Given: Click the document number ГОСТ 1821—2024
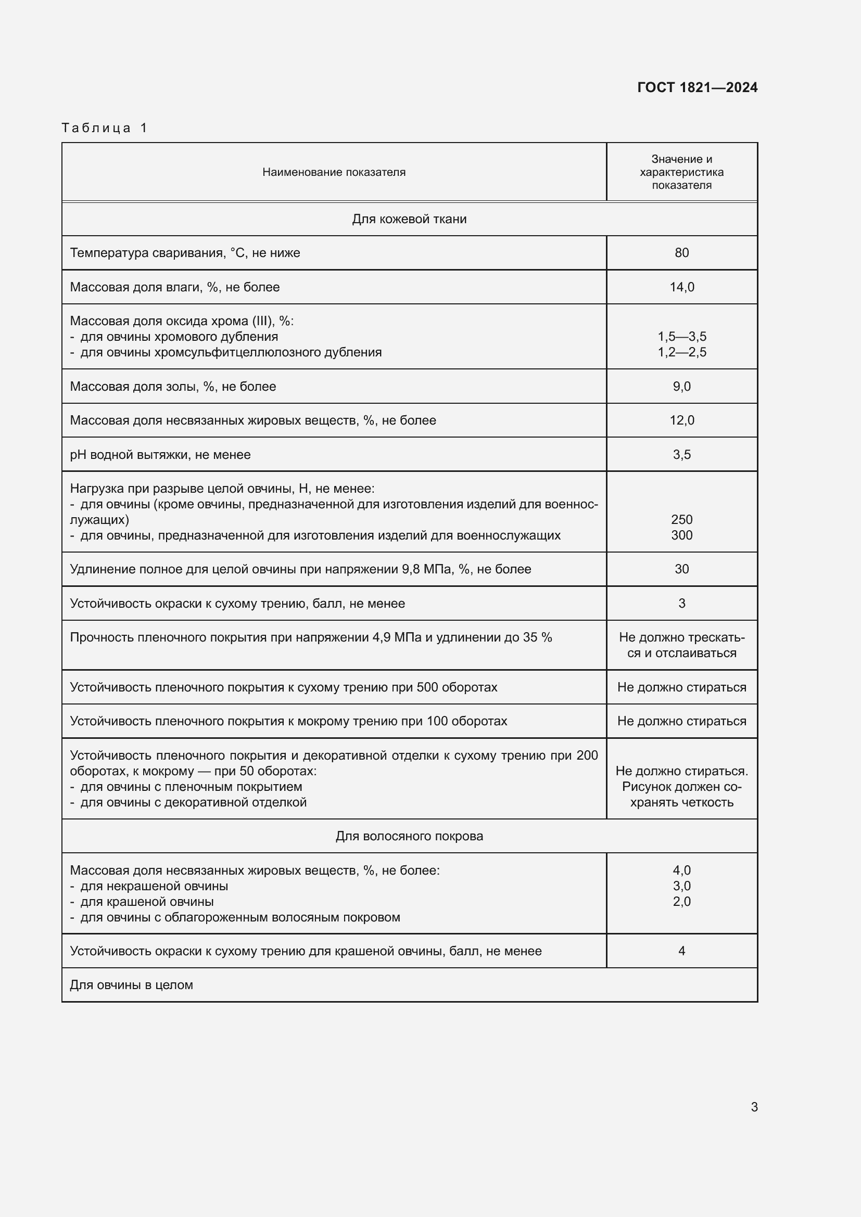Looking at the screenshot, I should click(697, 87).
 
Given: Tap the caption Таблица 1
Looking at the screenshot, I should click(105, 128).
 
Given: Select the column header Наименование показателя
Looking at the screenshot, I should click(334, 172).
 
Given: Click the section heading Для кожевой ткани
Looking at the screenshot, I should click(409, 219).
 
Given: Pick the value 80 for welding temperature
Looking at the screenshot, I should click(681, 253).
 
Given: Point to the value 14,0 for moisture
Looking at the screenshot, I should click(681, 287).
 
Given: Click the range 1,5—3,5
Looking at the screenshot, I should click(681, 337).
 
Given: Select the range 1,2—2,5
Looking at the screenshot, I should click(681, 352).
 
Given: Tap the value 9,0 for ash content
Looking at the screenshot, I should click(681, 387).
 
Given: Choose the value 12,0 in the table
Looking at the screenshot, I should click(681, 420).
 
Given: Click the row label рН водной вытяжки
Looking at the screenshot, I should click(160, 455).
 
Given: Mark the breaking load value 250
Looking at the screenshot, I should click(681, 519).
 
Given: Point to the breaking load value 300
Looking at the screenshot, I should click(681, 535).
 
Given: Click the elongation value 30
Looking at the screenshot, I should click(681, 569).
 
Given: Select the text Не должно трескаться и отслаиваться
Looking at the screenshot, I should click(681, 645).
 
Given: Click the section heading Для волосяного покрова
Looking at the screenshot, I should click(409, 836).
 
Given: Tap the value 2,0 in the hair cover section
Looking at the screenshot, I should click(681, 902).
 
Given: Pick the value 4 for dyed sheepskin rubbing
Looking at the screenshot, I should click(681, 951).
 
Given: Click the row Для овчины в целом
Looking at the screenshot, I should click(132, 985).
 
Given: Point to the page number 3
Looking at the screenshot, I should click(754, 1107).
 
